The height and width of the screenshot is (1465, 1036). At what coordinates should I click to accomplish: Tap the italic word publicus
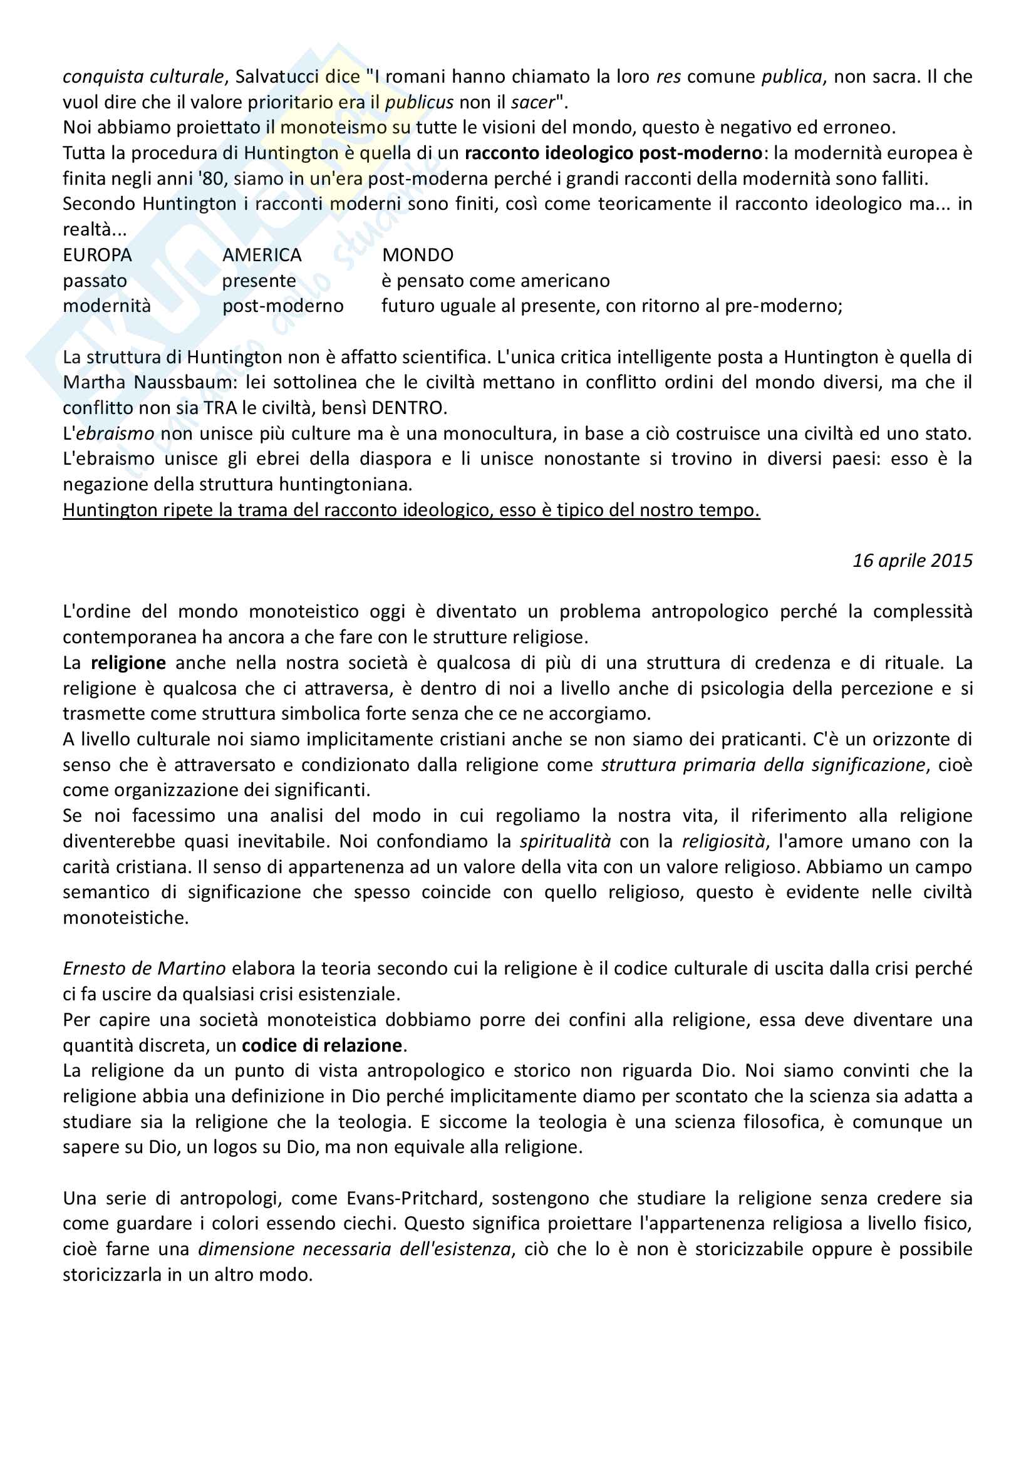(419, 102)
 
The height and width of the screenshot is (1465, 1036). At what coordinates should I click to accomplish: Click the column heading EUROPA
(97, 255)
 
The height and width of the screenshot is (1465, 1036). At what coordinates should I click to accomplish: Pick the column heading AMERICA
(262, 255)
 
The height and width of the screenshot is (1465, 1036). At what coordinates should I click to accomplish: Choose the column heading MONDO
(418, 255)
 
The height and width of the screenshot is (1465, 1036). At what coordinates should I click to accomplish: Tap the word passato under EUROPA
(95, 281)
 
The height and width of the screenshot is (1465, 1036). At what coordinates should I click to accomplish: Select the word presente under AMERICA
(259, 281)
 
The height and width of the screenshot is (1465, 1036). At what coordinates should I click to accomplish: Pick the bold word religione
(128, 663)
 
